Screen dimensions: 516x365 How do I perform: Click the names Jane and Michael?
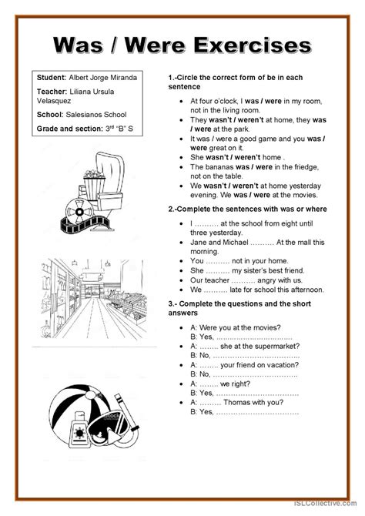point(223,244)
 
